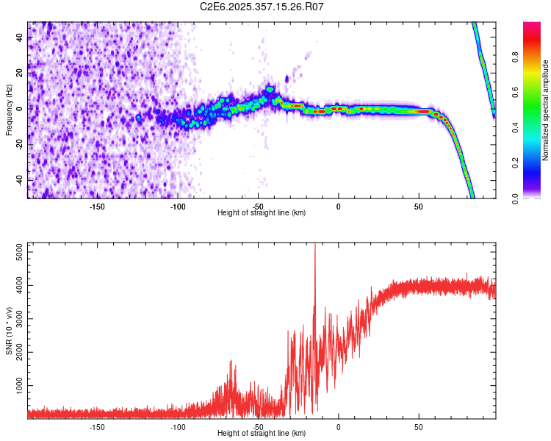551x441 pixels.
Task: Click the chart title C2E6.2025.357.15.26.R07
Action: [x=262, y=7]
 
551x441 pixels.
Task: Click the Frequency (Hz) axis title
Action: [x=9, y=110]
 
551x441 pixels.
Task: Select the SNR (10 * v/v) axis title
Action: [x=9, y=329]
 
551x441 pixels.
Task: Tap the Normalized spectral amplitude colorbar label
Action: [x=545, y=110]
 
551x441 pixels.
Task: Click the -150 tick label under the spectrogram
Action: [x=97, y=207]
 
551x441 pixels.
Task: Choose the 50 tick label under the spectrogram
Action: [x=419, y=207]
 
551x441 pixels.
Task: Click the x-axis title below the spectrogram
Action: [x=262, y=213]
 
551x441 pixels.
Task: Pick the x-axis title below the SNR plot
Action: [x=262, y=434]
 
